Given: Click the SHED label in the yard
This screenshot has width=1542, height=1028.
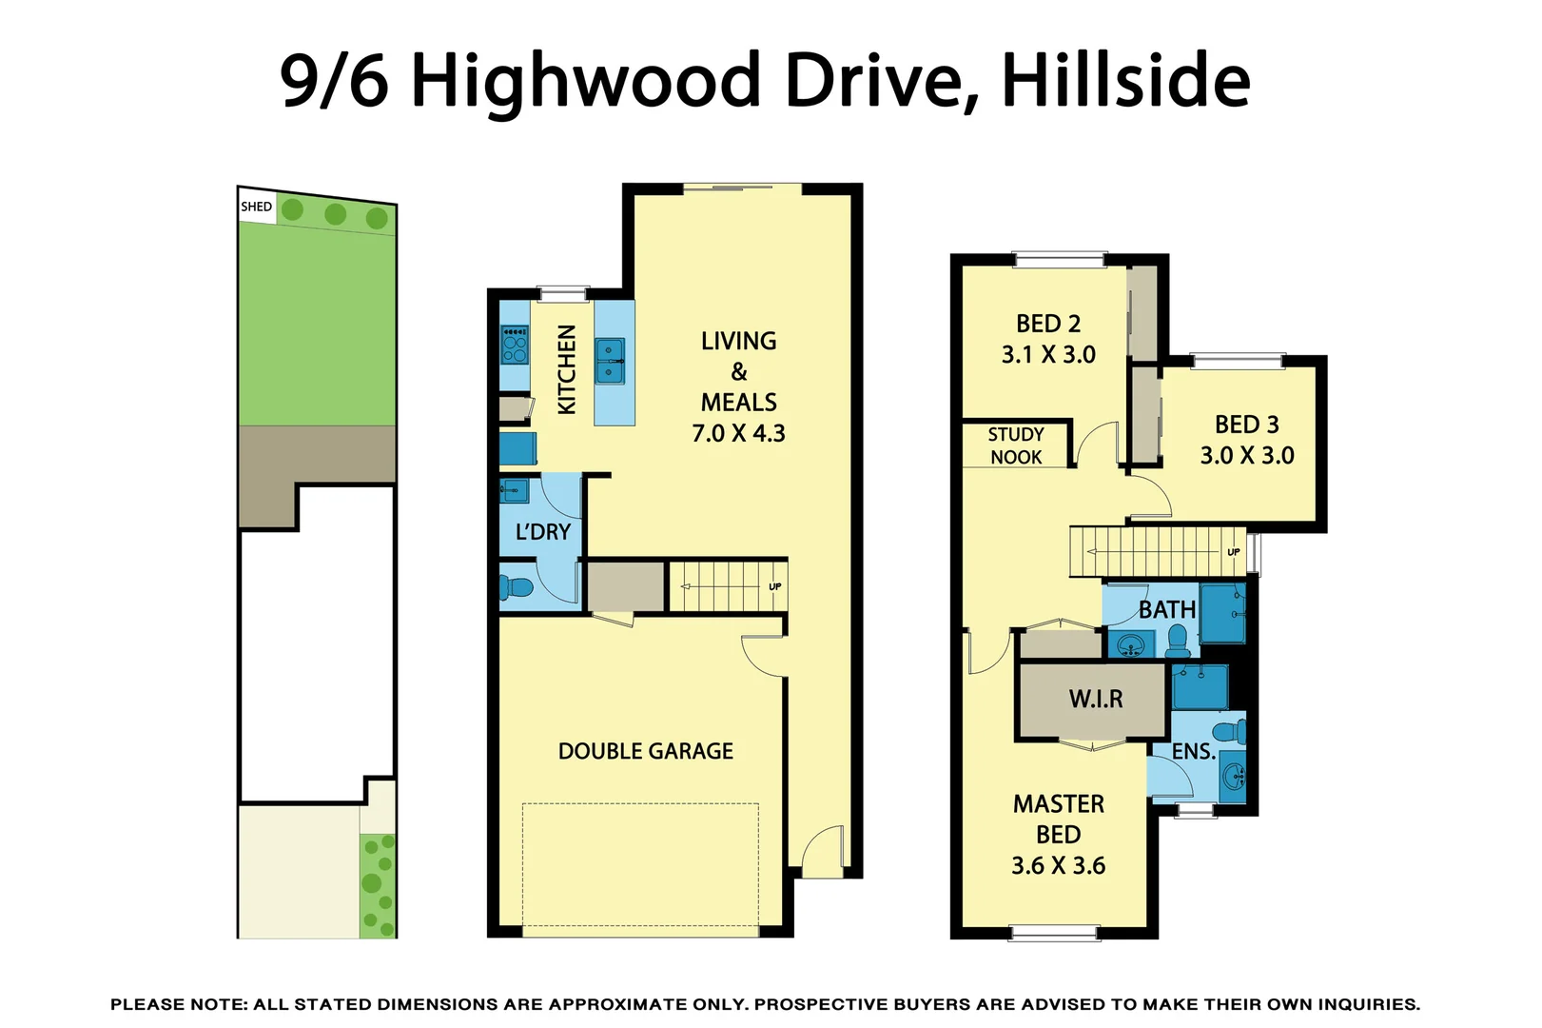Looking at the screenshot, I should pos(256,207).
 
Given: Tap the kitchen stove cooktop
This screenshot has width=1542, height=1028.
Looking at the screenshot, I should pos(515,345).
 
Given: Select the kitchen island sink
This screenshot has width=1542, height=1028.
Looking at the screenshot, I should pos(610,361).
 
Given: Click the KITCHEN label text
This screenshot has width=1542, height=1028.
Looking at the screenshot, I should pos(567,369).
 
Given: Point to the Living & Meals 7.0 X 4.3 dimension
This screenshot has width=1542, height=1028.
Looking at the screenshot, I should pos(738,434).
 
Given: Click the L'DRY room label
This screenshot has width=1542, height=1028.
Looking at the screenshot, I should pos(542,532).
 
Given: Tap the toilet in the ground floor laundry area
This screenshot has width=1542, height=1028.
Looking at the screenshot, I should pos(516,586).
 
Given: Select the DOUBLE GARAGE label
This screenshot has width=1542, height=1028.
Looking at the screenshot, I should pos(645,752).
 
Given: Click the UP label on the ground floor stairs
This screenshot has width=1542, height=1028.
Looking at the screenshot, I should pos(775,586).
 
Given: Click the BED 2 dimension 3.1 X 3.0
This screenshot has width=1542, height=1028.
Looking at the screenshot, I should pos(1048,355).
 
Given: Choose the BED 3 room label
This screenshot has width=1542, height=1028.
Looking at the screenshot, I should pos(1246,425).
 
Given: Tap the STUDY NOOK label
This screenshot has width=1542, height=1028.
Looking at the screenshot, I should pos(1016,445).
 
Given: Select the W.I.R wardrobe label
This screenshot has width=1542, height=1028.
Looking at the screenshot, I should pos(1096,700).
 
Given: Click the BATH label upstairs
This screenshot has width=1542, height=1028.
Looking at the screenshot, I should pos(1166,610).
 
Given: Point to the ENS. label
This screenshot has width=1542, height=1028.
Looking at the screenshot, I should pos(1193,752).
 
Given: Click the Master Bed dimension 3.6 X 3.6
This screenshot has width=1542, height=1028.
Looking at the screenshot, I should pos(1058,866).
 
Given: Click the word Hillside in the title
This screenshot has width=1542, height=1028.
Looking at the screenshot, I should pos(1125,80).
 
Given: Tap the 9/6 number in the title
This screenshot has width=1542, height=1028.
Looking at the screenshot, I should pos(334,80).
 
